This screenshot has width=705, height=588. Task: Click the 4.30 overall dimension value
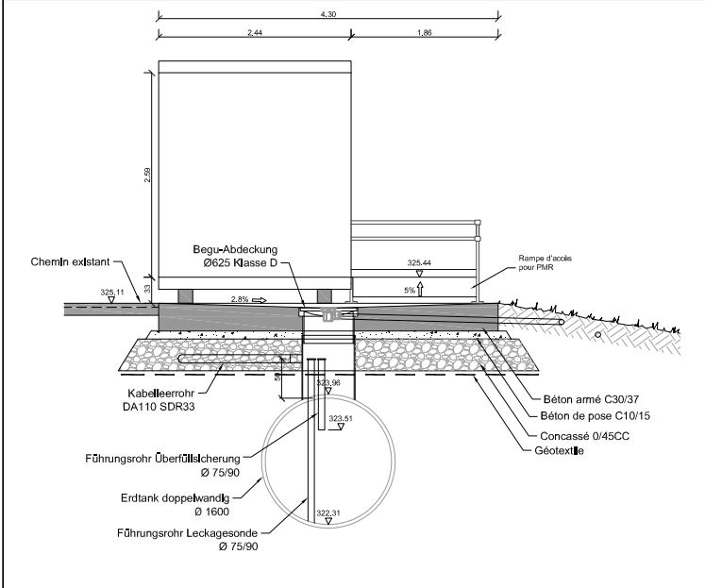coord(327,12)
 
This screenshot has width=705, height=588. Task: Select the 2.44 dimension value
coord(253,31)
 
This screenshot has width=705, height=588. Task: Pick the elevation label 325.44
coord(419,263)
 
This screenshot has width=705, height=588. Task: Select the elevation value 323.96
coord(328,382)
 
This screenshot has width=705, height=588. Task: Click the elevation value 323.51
coord(340,417)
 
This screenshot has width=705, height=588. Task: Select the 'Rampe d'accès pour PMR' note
coord(545,262)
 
